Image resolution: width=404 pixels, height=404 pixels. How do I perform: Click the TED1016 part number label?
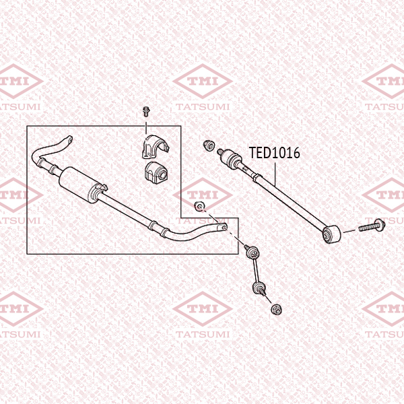275,153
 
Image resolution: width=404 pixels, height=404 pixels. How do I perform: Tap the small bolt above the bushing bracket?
146,111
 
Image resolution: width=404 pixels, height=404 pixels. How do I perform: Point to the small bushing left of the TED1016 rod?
209,145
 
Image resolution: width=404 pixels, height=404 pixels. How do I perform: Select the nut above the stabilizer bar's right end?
199,206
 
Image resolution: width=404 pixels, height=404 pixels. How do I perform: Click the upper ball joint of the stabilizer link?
252,252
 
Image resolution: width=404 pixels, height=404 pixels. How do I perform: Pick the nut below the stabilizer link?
277,309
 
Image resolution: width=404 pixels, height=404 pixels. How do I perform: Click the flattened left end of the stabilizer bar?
68,139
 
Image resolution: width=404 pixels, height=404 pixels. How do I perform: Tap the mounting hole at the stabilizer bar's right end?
224,228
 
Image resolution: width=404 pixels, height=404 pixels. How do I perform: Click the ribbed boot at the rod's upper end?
232,158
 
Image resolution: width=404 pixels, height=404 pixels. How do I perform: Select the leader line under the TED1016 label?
275,174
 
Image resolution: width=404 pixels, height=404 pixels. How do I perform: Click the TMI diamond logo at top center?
203,81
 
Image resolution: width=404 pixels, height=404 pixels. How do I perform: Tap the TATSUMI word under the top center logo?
203,106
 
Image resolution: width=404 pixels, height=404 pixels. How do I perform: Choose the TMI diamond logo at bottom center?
203,308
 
